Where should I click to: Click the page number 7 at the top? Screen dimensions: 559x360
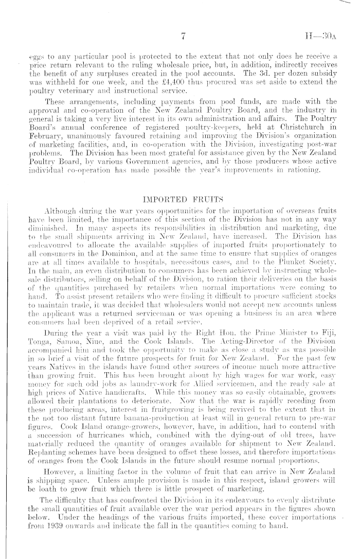(183, 37)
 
